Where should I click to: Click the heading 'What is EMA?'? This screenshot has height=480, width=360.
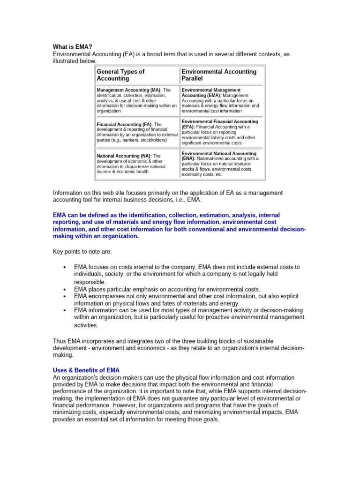click(x=72, y=47)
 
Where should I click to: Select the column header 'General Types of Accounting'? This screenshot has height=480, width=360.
click(x=120, y=75)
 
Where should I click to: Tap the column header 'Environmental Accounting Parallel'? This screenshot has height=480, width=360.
click(x=219, y=75)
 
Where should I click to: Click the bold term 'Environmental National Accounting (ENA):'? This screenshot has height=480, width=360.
click(x=218, y=156)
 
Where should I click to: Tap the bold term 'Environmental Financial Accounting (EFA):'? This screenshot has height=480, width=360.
click(x=219, y=124)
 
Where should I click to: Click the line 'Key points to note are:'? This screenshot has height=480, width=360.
click(x=82, y=252)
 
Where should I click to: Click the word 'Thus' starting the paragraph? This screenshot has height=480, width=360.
click(x=60, y=341)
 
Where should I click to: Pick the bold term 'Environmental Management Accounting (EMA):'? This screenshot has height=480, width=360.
click(x=211, y=92)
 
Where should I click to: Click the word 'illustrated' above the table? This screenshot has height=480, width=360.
click(x=69, y=61)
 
